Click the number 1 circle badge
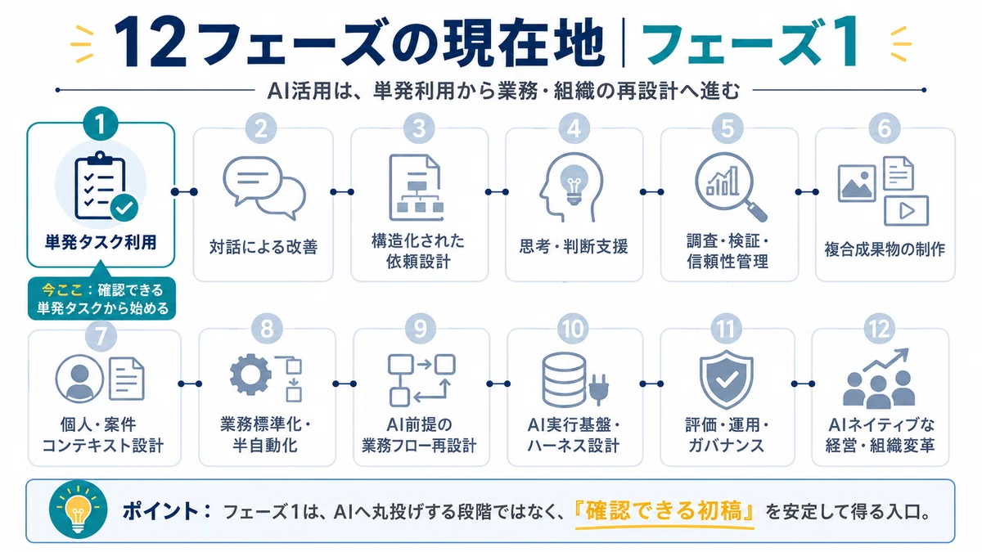click(101, 124)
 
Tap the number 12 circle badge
click(879, 329)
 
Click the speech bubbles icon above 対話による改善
click(264, 188)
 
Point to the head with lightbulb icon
click(572, 187)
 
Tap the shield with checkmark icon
click(726, 379)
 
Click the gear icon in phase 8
click(250, 375)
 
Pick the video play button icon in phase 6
click(906, 211)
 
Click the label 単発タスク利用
click(101, 242)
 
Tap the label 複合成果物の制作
click(885, 249)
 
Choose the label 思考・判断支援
click(574, 246)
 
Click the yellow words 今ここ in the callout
click(62, 289)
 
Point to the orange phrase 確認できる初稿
click(664, 511)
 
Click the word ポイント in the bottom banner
click(161, 511)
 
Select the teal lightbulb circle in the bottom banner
click(78, 510)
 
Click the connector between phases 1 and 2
click(184, 192)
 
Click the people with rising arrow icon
click(879, 378)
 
